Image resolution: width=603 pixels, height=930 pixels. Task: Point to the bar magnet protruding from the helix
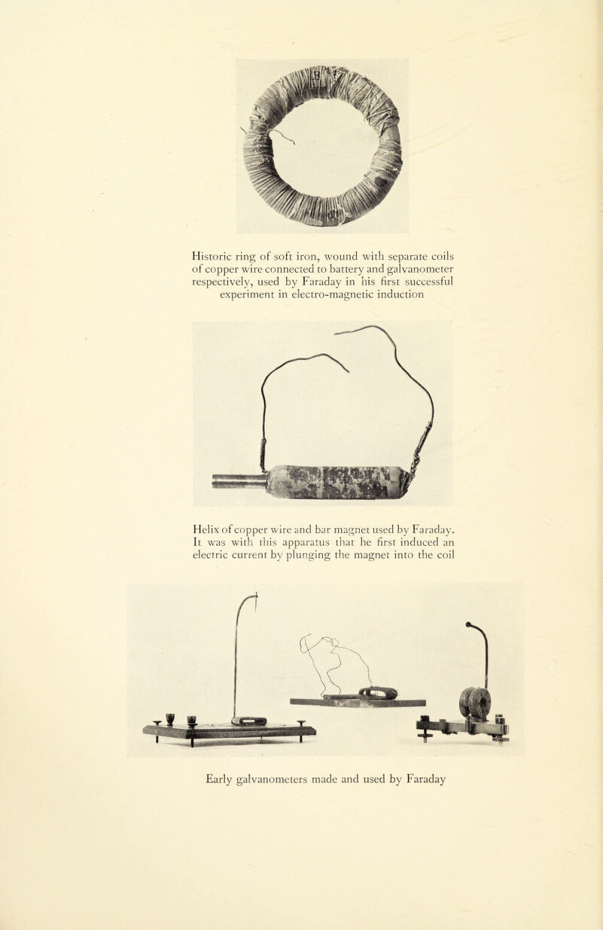pyautogui.click(x=239, y=480)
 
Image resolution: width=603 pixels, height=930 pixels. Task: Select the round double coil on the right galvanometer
pyautogui.click(x=475, y=702)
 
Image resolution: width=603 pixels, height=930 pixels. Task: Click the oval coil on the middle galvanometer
pyautogui.click(x=378, y=693)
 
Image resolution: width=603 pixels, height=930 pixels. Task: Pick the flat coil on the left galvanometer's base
pyautogui.click(x=249, y=721)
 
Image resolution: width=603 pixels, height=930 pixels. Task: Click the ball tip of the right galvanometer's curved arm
pyautogui.click(x=469, y=624)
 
